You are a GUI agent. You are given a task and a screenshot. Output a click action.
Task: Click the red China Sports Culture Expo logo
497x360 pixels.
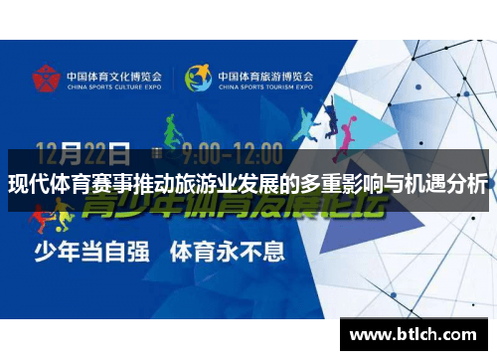pyautogui.click(x=45, y=78)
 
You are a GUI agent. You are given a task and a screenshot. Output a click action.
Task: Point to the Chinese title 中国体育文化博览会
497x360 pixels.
pyautogui.click(x=114, y=73)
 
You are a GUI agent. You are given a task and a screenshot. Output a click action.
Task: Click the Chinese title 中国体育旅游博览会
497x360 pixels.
pyautogui.click(x=264, y=73)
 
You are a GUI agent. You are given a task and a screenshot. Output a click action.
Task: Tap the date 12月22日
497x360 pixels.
pyautogui.click(x=83, y=154)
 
